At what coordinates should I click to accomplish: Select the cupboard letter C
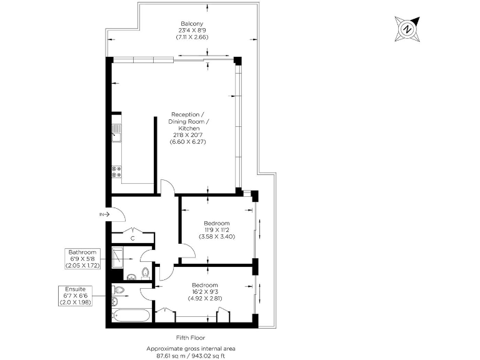click(x=132, y=237)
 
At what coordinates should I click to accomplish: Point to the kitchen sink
click(x=116, y=132)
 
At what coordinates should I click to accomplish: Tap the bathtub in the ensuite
click(x=131, y=314)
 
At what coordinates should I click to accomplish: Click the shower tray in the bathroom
click(x=119, y=256)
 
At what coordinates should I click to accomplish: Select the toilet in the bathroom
click(x=145, y=272)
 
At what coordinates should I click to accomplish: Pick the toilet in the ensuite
click(x=119, y=291)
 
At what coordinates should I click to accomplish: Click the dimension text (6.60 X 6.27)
click(x=187, y=142)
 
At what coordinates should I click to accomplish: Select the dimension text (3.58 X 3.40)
click(x=216, y=237)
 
